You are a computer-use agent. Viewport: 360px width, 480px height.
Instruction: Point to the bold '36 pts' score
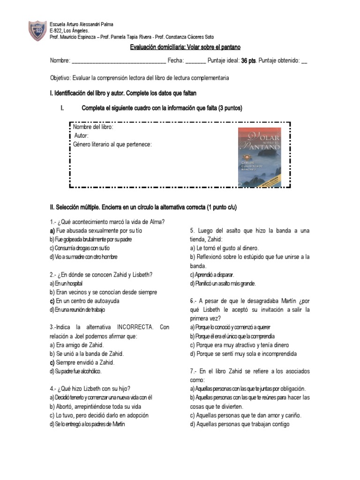pos(248,61)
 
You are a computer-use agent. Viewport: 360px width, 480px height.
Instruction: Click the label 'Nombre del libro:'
pos(93,127)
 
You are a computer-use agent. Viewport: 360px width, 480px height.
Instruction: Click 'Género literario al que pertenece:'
pos(112,144)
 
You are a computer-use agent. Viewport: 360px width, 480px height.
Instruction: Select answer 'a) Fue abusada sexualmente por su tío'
pos(96,231)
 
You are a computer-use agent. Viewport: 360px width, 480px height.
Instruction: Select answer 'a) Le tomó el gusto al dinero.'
pos(224,248)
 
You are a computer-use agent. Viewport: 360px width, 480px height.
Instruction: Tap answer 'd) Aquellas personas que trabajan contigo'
pos(240,424)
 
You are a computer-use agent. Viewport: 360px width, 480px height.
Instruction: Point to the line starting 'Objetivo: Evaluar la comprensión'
pos(139,78)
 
